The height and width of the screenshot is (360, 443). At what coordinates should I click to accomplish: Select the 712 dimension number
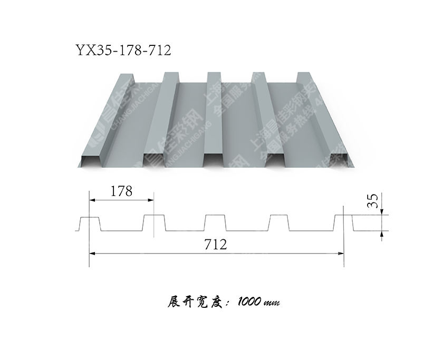pos(216,244)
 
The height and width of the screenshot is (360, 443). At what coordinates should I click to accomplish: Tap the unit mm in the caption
pos(272,303)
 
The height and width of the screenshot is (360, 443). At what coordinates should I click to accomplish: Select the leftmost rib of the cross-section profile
pos(89,223)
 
